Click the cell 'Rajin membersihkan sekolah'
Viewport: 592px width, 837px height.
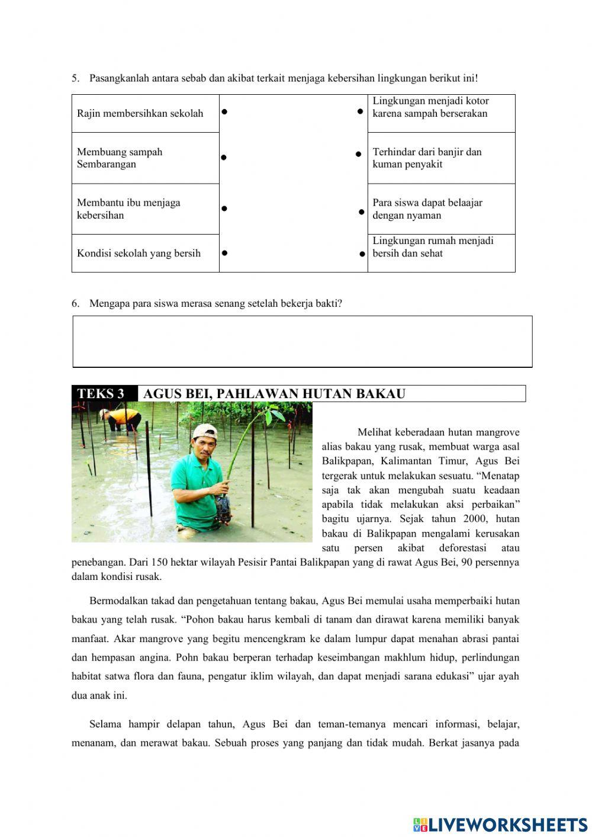point(145,113)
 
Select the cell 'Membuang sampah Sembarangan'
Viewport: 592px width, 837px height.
point(145,158)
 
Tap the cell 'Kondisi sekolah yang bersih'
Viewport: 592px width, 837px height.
point(145,253)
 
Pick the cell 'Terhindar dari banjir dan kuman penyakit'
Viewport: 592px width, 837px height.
point(441,158)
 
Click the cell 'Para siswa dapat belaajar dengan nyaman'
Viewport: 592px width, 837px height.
point(441,209)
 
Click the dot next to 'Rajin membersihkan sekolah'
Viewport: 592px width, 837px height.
point(224,111)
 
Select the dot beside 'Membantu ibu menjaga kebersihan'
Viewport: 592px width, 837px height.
point(224,209)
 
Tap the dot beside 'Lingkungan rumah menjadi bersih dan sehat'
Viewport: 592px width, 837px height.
point(362,254)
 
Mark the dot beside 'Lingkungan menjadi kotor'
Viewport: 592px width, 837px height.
point(360,111)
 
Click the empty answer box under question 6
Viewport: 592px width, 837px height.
point(302,341)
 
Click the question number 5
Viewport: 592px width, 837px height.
point(75,78)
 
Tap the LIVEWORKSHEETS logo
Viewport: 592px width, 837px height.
point(500,825)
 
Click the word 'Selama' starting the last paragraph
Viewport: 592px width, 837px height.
point(105,724)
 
